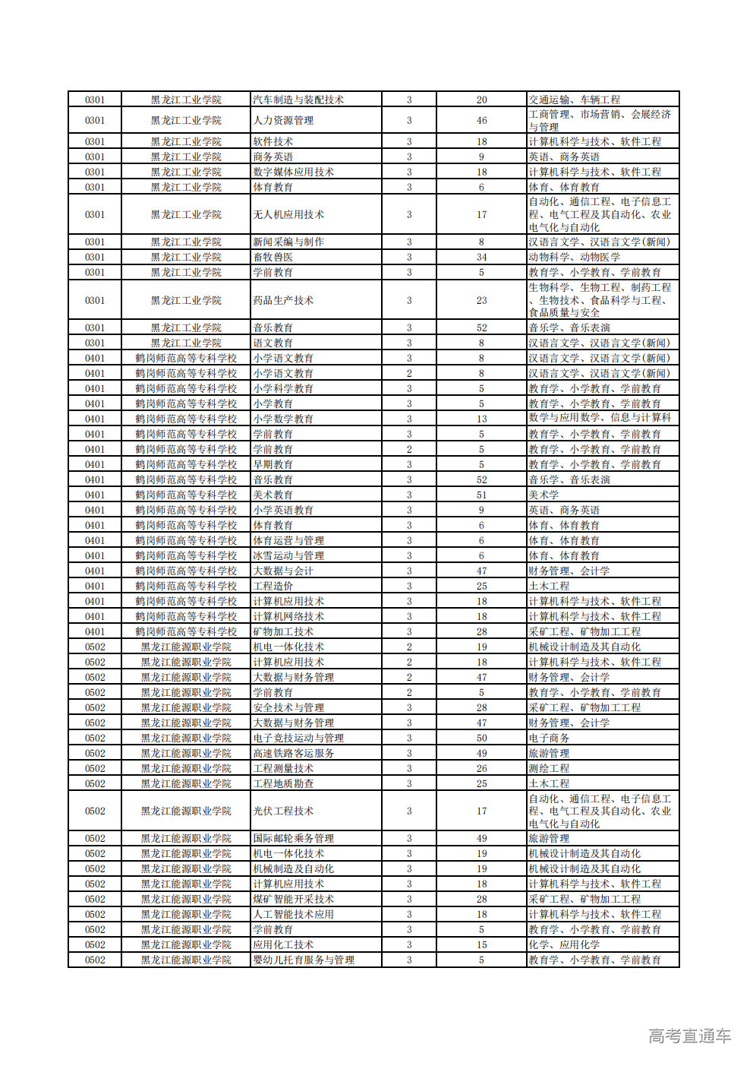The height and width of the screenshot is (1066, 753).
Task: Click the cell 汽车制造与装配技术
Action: pyautogui.click(x=298, y=100)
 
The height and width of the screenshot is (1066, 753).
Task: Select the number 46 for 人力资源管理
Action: pyautogui.click(x=481, y=120)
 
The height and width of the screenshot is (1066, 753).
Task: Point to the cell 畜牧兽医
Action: pyautogui.click(x=273, y=257)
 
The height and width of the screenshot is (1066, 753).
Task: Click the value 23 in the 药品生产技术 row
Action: pyautogui.click(x=481, y=300)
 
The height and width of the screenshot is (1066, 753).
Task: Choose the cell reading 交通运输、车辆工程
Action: pyautogui.click(x=575, y=100)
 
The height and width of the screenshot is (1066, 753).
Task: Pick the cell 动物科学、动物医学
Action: pyautogui.click(x=575, y=257)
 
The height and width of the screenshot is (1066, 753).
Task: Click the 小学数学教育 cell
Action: pyautogui.click(x=283, y=419)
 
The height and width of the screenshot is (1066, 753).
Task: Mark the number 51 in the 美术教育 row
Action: pyautogui.click(x=481, y=495)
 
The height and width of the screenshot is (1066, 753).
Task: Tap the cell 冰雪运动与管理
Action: pyautogui.click(x=288, y=555)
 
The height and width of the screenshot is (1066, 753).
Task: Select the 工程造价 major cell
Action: pyautogui.click(x=273, y=586)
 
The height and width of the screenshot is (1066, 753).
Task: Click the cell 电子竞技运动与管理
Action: pyautogui.click(x=298, y=738)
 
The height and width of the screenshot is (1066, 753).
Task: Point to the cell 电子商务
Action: pyautogui.click(x=550, y=738)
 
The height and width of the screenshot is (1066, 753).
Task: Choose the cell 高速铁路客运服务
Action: pyautogui.click(x=294, y=753)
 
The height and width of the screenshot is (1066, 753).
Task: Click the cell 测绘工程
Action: pyautogui.click(x=550, y=768)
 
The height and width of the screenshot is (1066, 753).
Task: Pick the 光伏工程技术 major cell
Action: pyautogui.click(x=283, y=811)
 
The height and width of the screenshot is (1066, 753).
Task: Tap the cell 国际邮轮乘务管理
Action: pyautogui.click(x=294, y=838)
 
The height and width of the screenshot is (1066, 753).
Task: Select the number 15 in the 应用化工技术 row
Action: pyautogui.click(x=481, y=944)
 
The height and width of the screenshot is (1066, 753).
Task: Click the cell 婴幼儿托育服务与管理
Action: pyautogui.click(x=304, y=960)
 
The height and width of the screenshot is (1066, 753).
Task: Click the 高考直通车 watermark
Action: pyautogui.click(x=689, y=1036)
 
